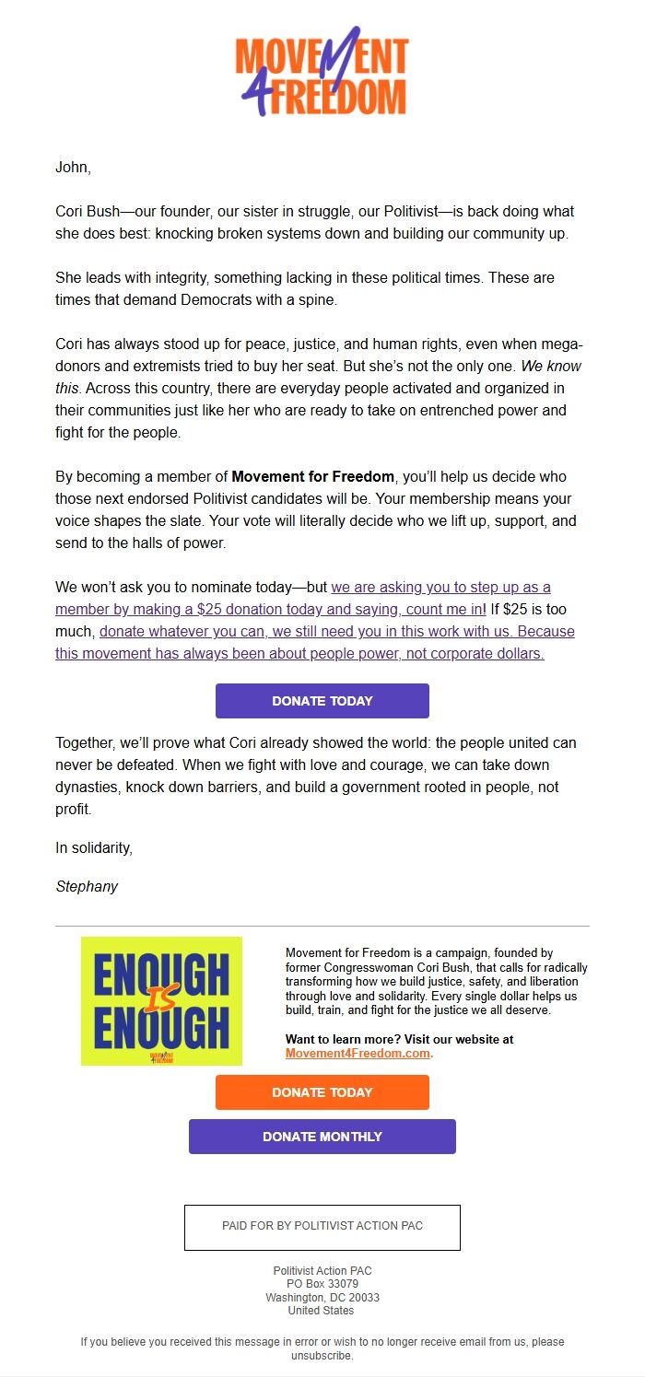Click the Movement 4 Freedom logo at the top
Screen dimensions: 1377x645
pyautogui.click(x=322, y=73)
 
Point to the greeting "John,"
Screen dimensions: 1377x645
pyautogui.click(x=74, y=167)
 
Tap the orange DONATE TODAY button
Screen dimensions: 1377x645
pyautogui.click(x=322, y=1092)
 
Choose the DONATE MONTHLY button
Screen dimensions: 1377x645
pyautogui.click(x=322, y=1137)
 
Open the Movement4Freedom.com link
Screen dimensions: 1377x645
pyautogui.click(x=358, y=1053)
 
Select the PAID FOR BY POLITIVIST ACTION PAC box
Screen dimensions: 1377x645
pyautogui.click(x=322, y=1227)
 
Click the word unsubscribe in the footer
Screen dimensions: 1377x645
pyautogui.click(x=322, y=1356)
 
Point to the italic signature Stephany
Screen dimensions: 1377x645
pyautogui.click(x=87, y=887)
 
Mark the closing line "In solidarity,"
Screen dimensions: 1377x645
pyautogui.click(x=94, y=848)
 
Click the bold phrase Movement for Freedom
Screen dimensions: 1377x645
pyautogui.click(x=312, y=476)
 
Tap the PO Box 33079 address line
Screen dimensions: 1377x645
pyautogui.click(x=322, y=1284)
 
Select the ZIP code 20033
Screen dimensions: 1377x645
pyautogui.click(x=362, y=1297)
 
